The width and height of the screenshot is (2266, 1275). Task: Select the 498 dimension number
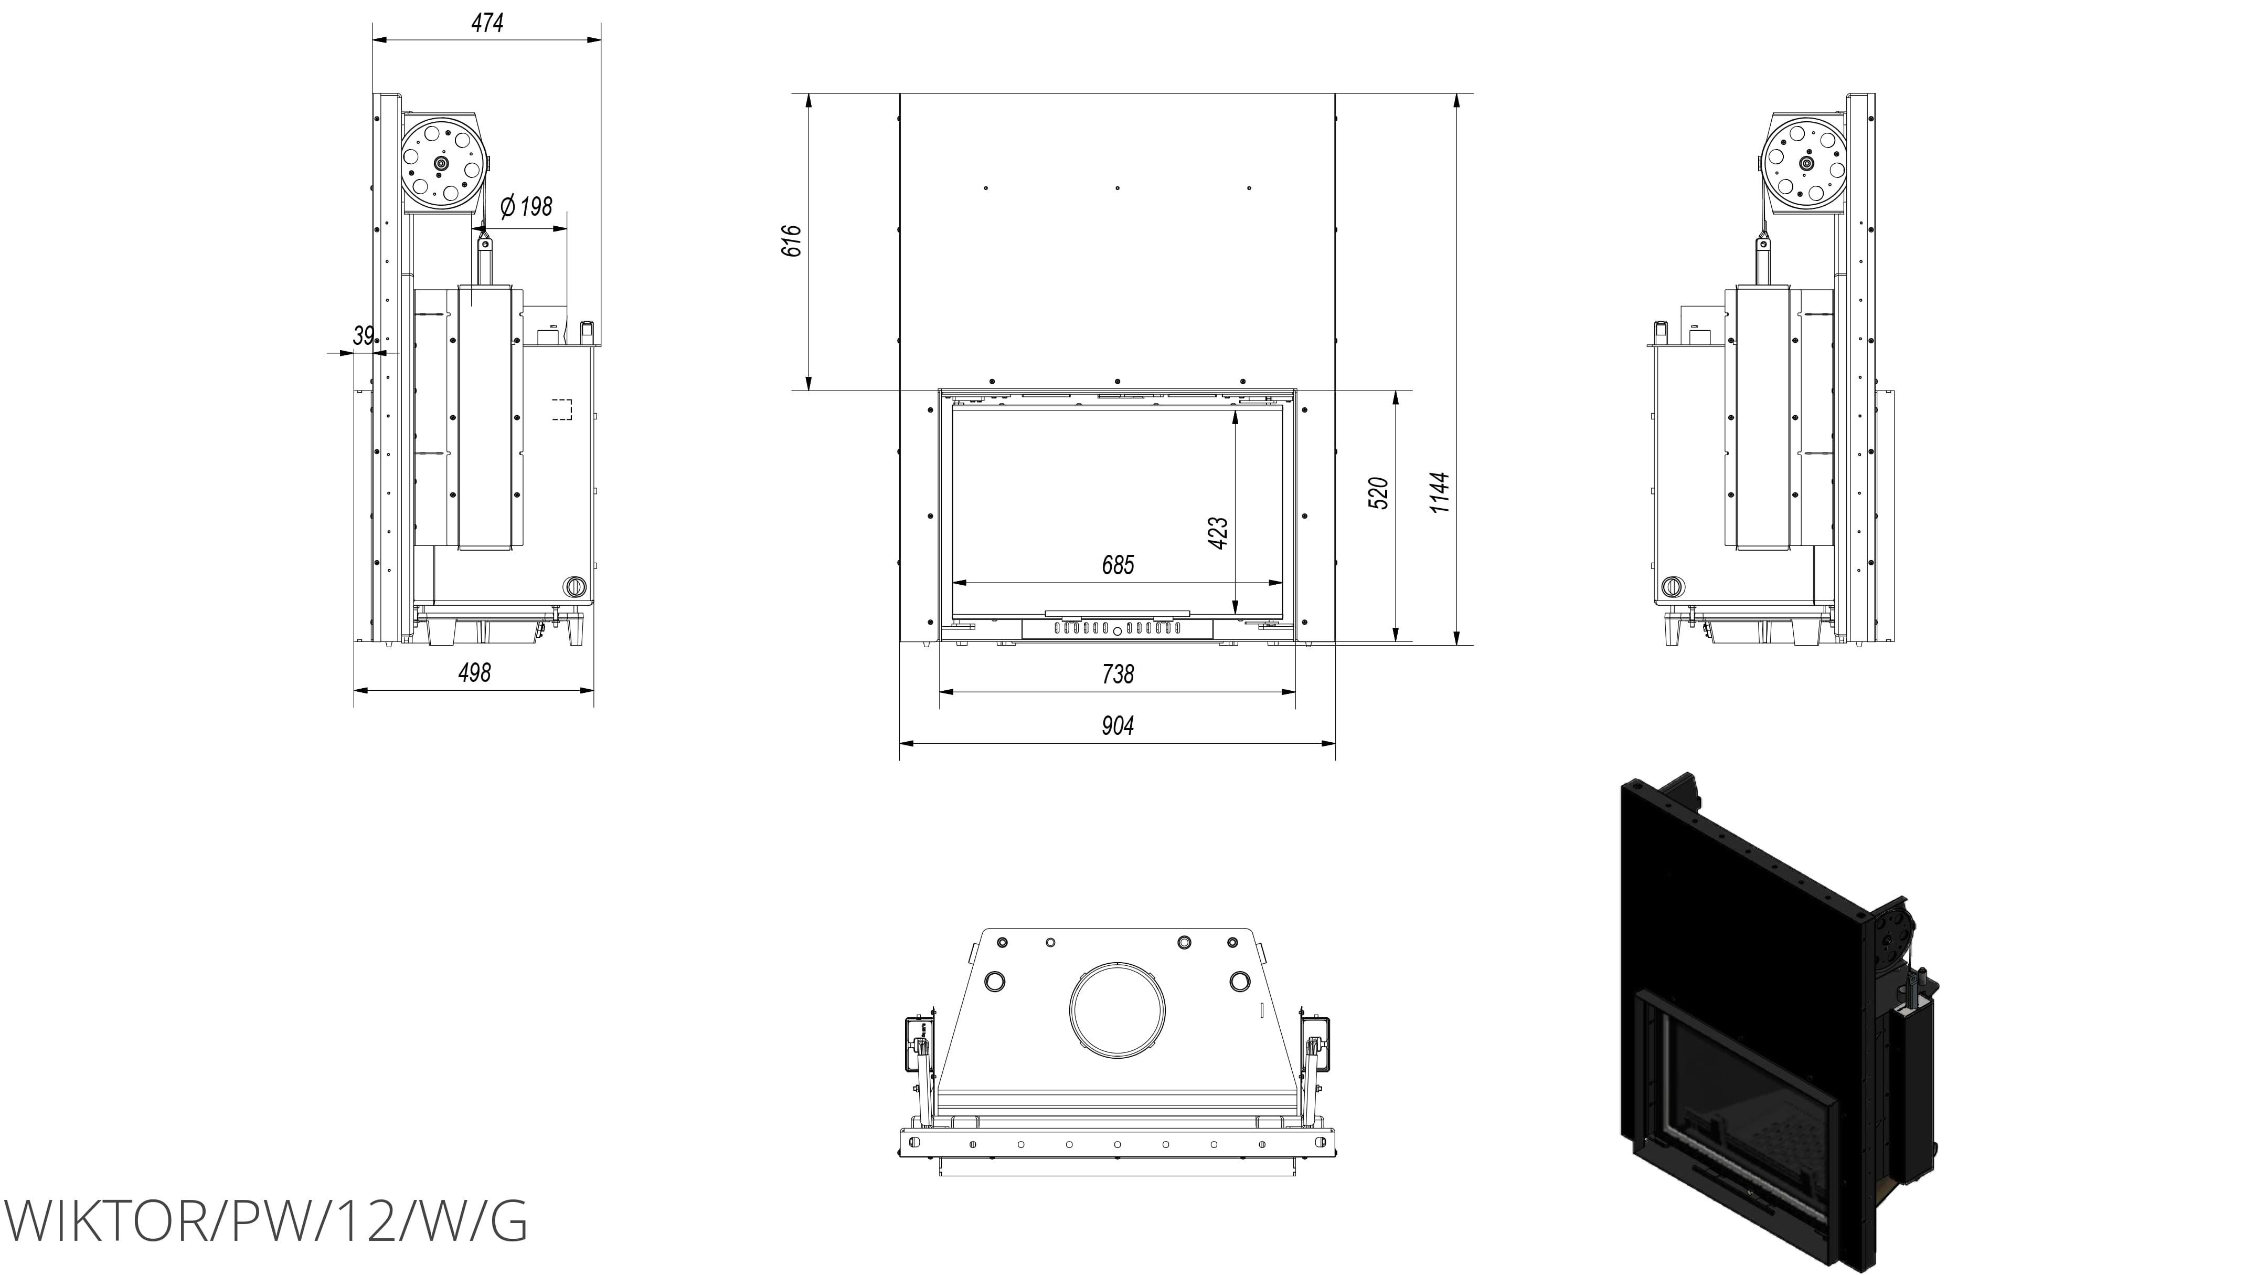[x=474, y=672]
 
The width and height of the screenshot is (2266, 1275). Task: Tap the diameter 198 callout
[x=526, y=207]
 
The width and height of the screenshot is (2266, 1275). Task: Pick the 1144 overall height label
[x=1439, y=493]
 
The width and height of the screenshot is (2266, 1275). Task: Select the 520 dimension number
[x=1378, y=493]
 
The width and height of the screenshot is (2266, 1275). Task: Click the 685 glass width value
[x=1118, y=565]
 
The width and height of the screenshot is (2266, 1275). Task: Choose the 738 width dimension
[x=1118, y=674]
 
